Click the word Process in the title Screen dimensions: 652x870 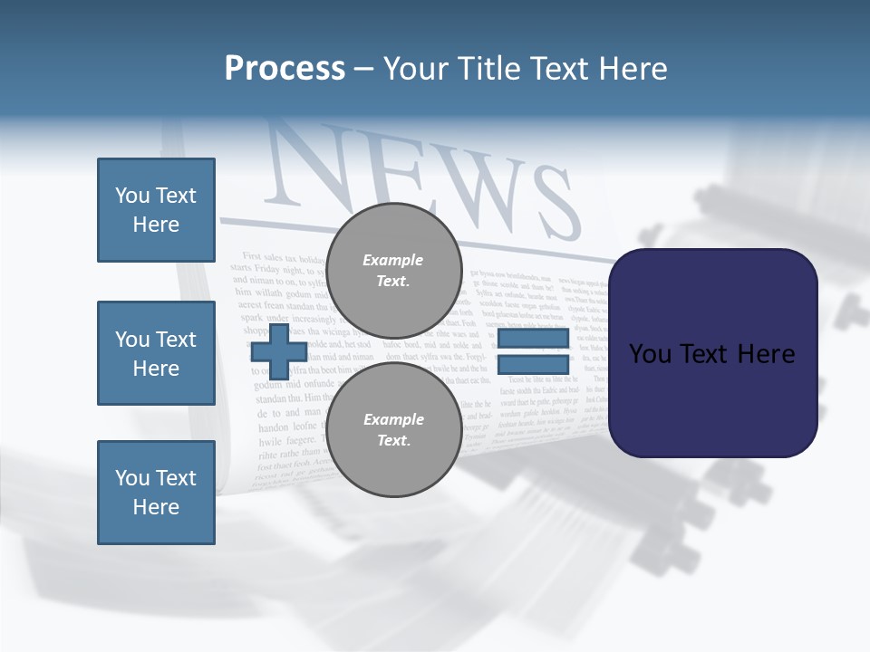pyautogui.click(x=285, y=69)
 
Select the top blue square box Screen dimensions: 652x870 pyautogui.click(x=156, y=210)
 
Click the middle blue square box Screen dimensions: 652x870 pyautogui.click(x=156, y=353)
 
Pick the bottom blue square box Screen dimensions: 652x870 pyautogui.click(x=156, y=493)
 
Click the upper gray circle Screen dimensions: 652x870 pyautogui.click(x=393, y=270)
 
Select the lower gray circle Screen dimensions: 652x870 pyautogui.click(x=393, y=429)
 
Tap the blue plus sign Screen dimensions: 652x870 pyautogui.click(x=278, y=351)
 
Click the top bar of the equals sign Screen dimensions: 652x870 pyautogui.click(x=533, y=339)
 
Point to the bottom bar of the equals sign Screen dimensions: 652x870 pyautogui.click(x=533, y=365)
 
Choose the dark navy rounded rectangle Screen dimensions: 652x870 pyautogui.click(x=712, y=353)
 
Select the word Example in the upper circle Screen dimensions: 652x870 pyautogui.click(x=393, y=260)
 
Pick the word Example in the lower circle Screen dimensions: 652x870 pyautogui.click(x=393, y=419)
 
